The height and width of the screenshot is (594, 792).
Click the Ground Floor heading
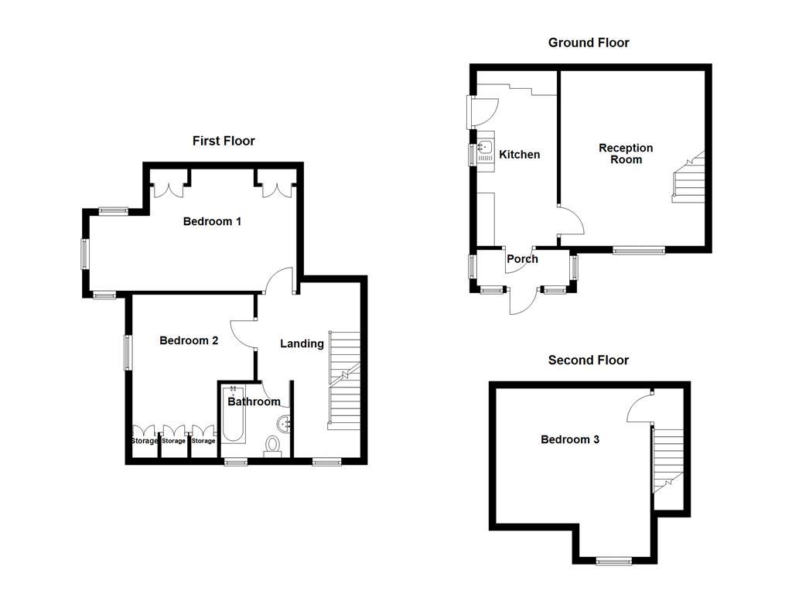(589, 43)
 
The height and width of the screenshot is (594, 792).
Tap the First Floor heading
(224, 141)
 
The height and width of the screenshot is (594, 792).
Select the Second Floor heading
(589, 360)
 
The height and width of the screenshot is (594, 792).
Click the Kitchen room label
(519, 155)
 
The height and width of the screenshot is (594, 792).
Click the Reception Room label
(626, 153)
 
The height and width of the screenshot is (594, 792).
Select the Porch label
(522, 258)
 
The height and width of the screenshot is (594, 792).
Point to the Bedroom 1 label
(212, 221)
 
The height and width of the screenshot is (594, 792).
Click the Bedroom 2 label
(189, 340)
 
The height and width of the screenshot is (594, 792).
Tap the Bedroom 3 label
(569, 439)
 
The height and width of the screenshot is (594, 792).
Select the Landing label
(302, 343)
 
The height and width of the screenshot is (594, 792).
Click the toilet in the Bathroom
(272, 445)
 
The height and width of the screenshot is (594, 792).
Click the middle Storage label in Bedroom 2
(174, 441)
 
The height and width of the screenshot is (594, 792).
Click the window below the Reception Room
(639, 250)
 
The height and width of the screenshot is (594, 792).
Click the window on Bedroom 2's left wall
(128, 353)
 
